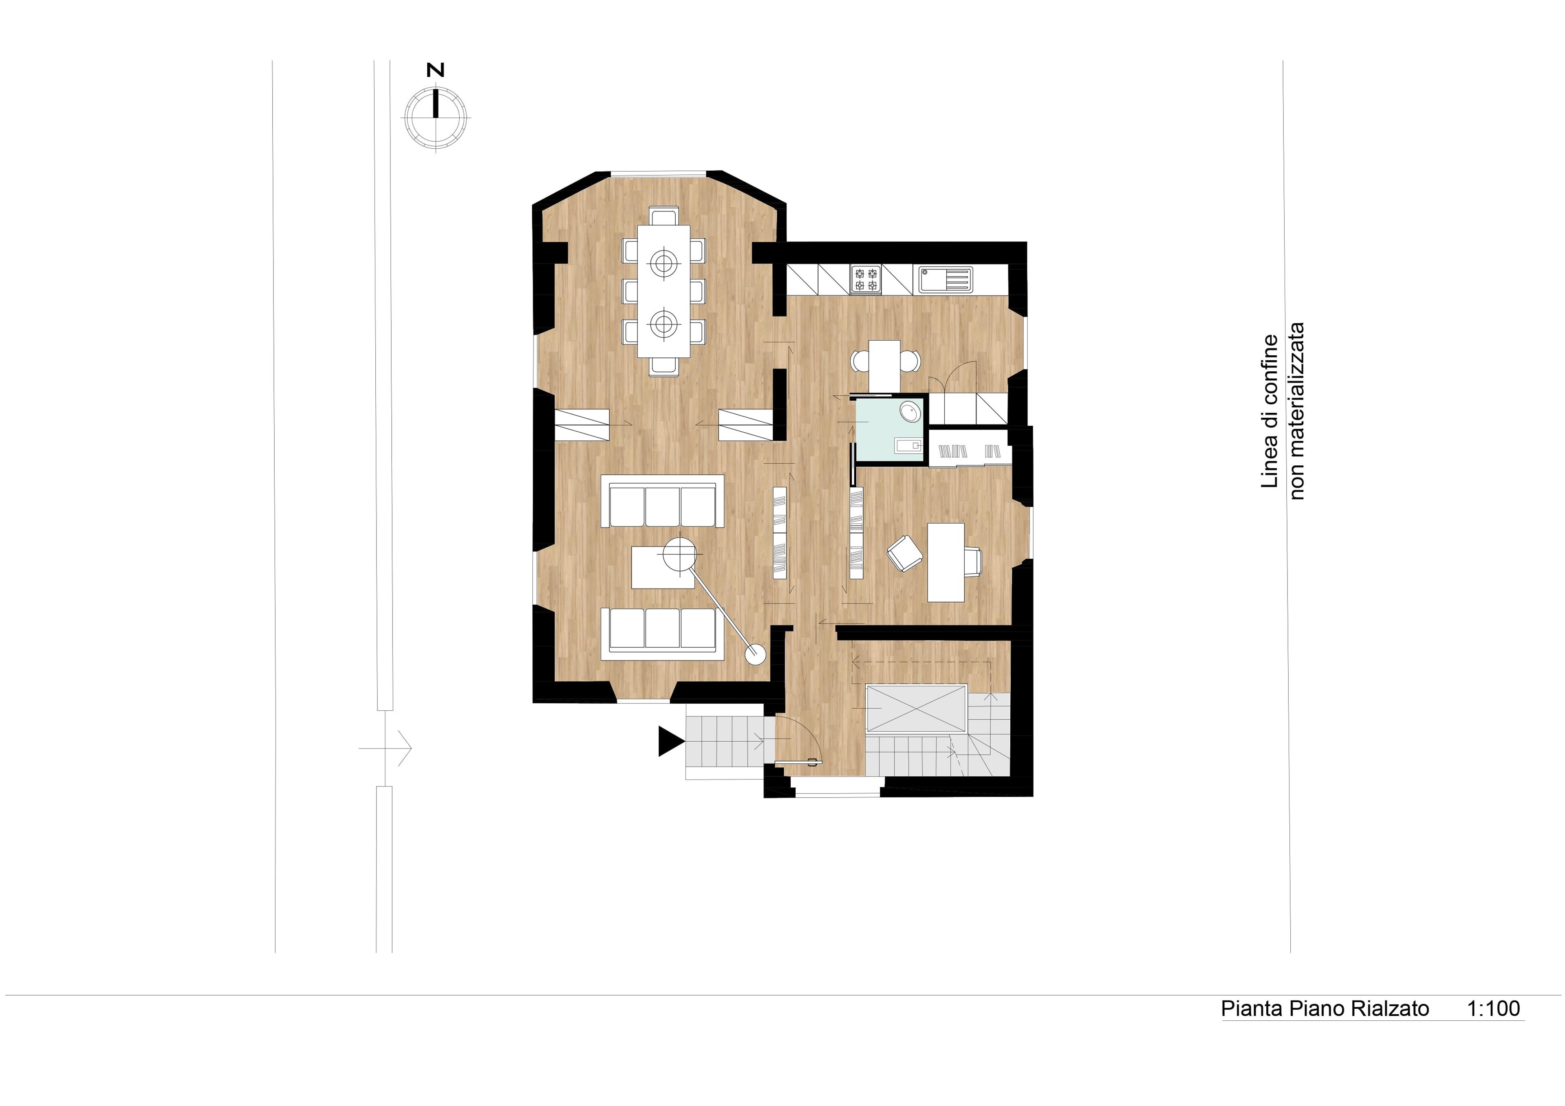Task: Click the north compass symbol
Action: [436, 116]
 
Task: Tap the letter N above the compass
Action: [435, 70]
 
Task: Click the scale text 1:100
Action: [1493, 1009]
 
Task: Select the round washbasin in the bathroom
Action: [910, 412]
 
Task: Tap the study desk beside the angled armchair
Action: [946, 562]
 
